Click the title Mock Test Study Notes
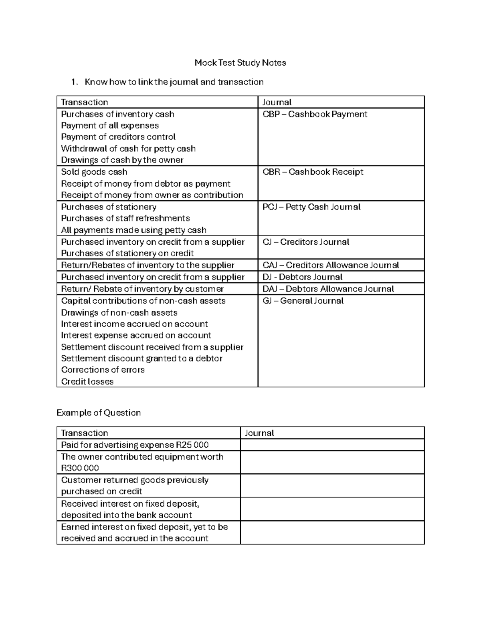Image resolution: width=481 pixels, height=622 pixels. click(240, 62)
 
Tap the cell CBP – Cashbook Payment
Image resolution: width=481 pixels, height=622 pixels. click(315, 114)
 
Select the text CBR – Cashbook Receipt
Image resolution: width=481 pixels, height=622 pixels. click(313, 172)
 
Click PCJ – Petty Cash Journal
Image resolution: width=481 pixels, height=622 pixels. click(311, 207)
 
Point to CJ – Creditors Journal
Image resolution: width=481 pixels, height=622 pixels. click(306, 242)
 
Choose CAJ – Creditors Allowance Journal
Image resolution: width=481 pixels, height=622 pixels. click(331, 265)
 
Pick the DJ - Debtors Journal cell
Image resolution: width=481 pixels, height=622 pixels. click(303, 277)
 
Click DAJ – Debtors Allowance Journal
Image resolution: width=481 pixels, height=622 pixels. click(328, 289)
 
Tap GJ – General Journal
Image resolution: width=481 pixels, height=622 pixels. click(303, 301)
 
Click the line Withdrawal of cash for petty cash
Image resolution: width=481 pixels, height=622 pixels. click(128, 149)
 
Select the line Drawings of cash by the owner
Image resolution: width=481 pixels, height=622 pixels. click(122, 160)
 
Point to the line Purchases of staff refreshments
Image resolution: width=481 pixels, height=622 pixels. click(125, 218)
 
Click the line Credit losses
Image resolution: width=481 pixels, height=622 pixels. click(87, 382)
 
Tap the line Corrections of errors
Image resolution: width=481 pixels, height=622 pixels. click(103, 370)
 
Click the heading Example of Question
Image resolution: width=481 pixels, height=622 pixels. click(99, 413)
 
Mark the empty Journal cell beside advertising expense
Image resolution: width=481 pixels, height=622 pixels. click(332, 445)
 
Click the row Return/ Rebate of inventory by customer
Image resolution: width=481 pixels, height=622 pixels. click(142, 289)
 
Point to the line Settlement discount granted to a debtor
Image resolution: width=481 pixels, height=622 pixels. click(141, 358)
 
